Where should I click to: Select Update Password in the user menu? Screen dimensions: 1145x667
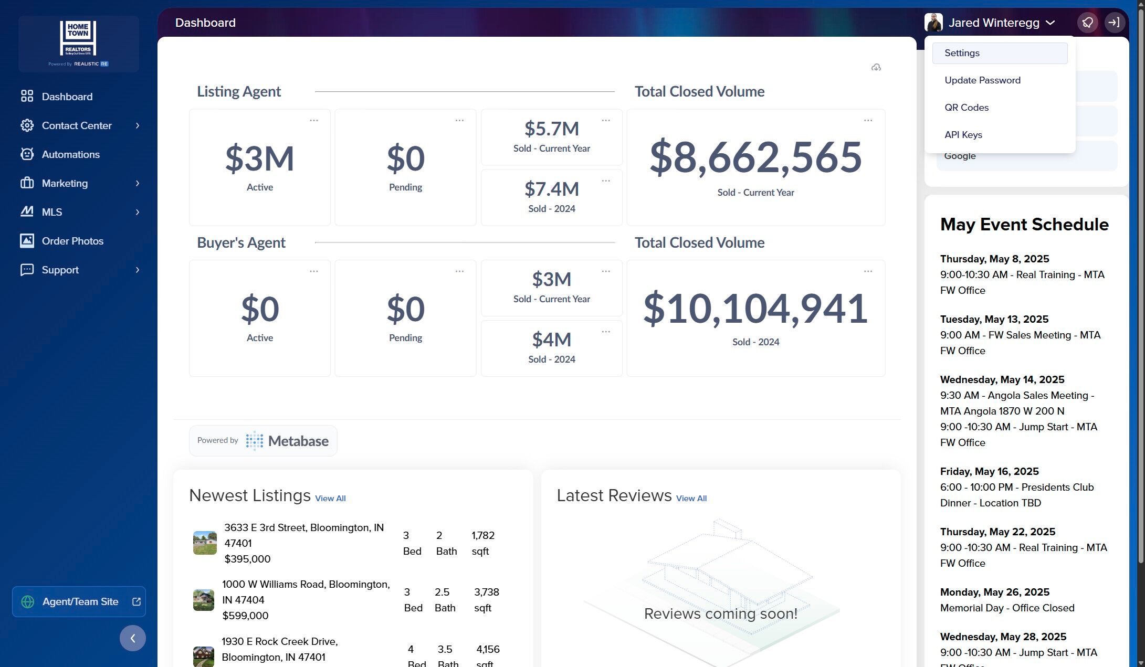point(982,80)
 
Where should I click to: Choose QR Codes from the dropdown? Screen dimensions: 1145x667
point(967,108)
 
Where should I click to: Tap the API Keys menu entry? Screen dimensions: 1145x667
point(963,135)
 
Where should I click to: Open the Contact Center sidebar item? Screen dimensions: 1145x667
point(77,125)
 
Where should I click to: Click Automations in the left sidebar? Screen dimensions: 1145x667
point(70,154)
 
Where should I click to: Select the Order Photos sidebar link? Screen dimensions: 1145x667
point(72,241)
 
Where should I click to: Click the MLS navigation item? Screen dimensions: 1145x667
point(51,212)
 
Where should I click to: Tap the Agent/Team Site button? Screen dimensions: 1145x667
point(79,601)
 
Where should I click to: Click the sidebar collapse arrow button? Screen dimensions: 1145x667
point(133,638)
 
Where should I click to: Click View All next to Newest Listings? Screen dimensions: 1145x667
point(330,499)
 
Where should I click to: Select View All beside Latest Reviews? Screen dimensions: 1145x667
point(691,499)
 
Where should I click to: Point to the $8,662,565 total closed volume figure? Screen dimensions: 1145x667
point(756,157)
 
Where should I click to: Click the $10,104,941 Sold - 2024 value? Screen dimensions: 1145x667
point(756,308)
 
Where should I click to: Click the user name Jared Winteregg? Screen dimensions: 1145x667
point(994,23)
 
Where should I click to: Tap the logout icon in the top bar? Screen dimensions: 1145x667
point(1114,23)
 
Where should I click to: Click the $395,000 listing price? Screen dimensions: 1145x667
point(247,559)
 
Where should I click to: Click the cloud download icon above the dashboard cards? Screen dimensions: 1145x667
point(876,67)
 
